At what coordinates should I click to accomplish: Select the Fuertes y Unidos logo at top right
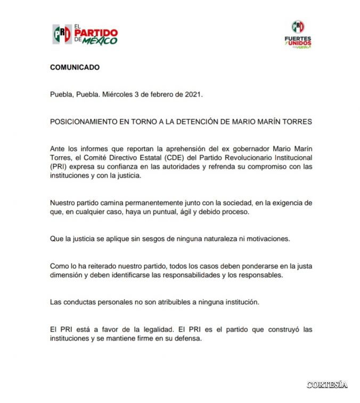tap(298, 35)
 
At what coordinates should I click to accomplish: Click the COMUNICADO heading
tap(75, 68)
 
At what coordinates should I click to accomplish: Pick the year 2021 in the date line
tap(192, 95)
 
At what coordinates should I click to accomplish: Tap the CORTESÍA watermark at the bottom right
tap(326, 384)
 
